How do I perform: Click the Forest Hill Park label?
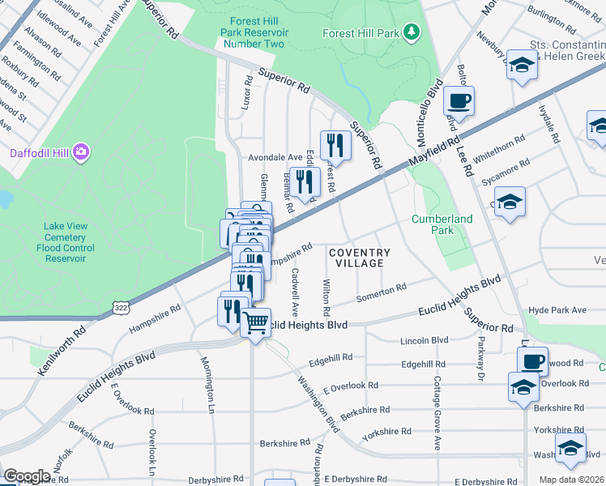point(361,34)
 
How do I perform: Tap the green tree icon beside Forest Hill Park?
point(414,32)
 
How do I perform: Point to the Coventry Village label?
point(359,258)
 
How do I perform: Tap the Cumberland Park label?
point(442,224)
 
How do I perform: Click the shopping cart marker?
point(256,323)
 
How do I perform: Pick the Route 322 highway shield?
point(121,308)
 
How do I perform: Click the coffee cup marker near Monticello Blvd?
point(459,101)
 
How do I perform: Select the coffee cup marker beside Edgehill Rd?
point(532,360)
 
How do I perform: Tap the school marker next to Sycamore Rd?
point(510,202)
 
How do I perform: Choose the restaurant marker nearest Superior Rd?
point(335,146)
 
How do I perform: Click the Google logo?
point(27,476)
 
